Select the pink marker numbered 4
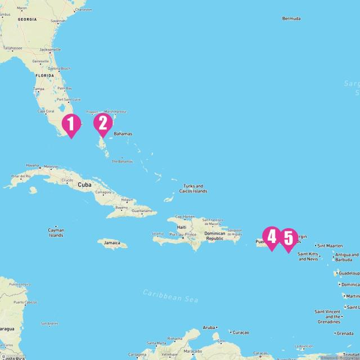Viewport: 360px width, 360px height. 272,237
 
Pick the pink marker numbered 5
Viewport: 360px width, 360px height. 288,238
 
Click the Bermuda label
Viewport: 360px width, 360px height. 291,19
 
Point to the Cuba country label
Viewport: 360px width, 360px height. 84,184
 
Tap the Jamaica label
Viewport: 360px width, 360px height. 112,243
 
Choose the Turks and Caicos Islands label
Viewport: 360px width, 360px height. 193,188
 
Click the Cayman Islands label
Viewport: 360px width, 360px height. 56,232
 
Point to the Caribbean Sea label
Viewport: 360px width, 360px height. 170,295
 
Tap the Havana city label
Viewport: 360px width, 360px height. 33,165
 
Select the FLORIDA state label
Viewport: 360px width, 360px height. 45,75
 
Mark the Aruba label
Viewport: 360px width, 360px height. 209,327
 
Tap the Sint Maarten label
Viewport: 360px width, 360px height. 330,245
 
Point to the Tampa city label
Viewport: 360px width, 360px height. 38,89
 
